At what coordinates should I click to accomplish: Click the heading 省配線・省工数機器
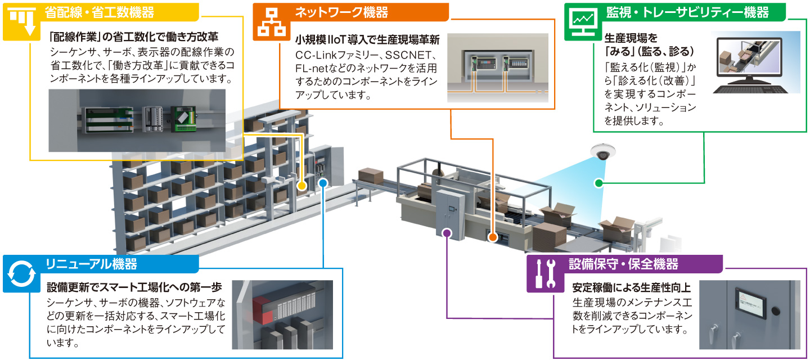click(x=98, y=12)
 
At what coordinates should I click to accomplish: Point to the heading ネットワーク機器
click(x=341, y=12)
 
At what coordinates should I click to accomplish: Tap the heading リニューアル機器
click(x=91, y=264)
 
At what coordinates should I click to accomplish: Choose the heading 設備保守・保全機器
click(x=623, y=264)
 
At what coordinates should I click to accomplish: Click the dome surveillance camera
click(x=604, y=152)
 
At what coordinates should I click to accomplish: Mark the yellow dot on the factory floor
click(x=302, y=185)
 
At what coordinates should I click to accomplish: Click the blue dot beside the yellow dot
click(x=323, y=183)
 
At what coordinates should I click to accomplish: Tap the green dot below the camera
click(x=598, y=183)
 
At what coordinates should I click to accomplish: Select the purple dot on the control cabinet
click(x=447, y=232)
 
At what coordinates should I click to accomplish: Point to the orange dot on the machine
click(x=492, y=237)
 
